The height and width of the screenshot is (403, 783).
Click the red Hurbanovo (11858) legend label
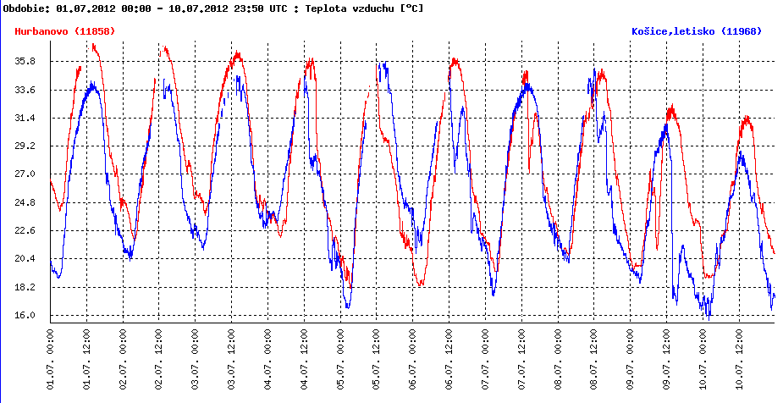65,31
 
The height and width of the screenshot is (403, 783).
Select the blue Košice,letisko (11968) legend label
697,31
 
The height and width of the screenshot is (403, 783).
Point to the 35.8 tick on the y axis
25,61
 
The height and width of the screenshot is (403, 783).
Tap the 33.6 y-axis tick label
25,90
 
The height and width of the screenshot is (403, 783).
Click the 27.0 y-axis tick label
25,174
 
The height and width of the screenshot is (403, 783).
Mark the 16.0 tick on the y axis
25,315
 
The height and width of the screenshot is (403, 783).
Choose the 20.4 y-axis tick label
25,259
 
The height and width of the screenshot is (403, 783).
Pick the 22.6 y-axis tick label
25,230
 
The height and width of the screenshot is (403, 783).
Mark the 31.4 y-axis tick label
25,118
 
